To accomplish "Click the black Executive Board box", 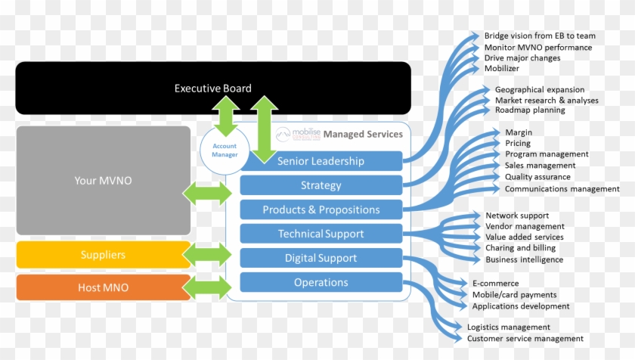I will [113, 88].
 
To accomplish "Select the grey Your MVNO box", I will [104, 180].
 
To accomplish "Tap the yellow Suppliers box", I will [103, 255].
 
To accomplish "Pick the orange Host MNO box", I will [103, 287].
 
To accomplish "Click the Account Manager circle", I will [225, 151].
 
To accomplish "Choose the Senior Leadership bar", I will [321, 161].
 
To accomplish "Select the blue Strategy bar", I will [321, 185].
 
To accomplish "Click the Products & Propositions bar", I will [321, 209].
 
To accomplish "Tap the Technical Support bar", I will [321, 234].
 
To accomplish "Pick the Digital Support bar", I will [321, 258].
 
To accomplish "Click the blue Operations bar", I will [321, 282].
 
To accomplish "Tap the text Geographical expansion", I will [540, 89].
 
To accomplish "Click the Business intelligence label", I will [524, 259].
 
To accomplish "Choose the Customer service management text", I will [525, 338].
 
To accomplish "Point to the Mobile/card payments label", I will [514, 294].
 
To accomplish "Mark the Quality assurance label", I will [538, 177].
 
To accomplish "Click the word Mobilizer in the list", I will [503, 68].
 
